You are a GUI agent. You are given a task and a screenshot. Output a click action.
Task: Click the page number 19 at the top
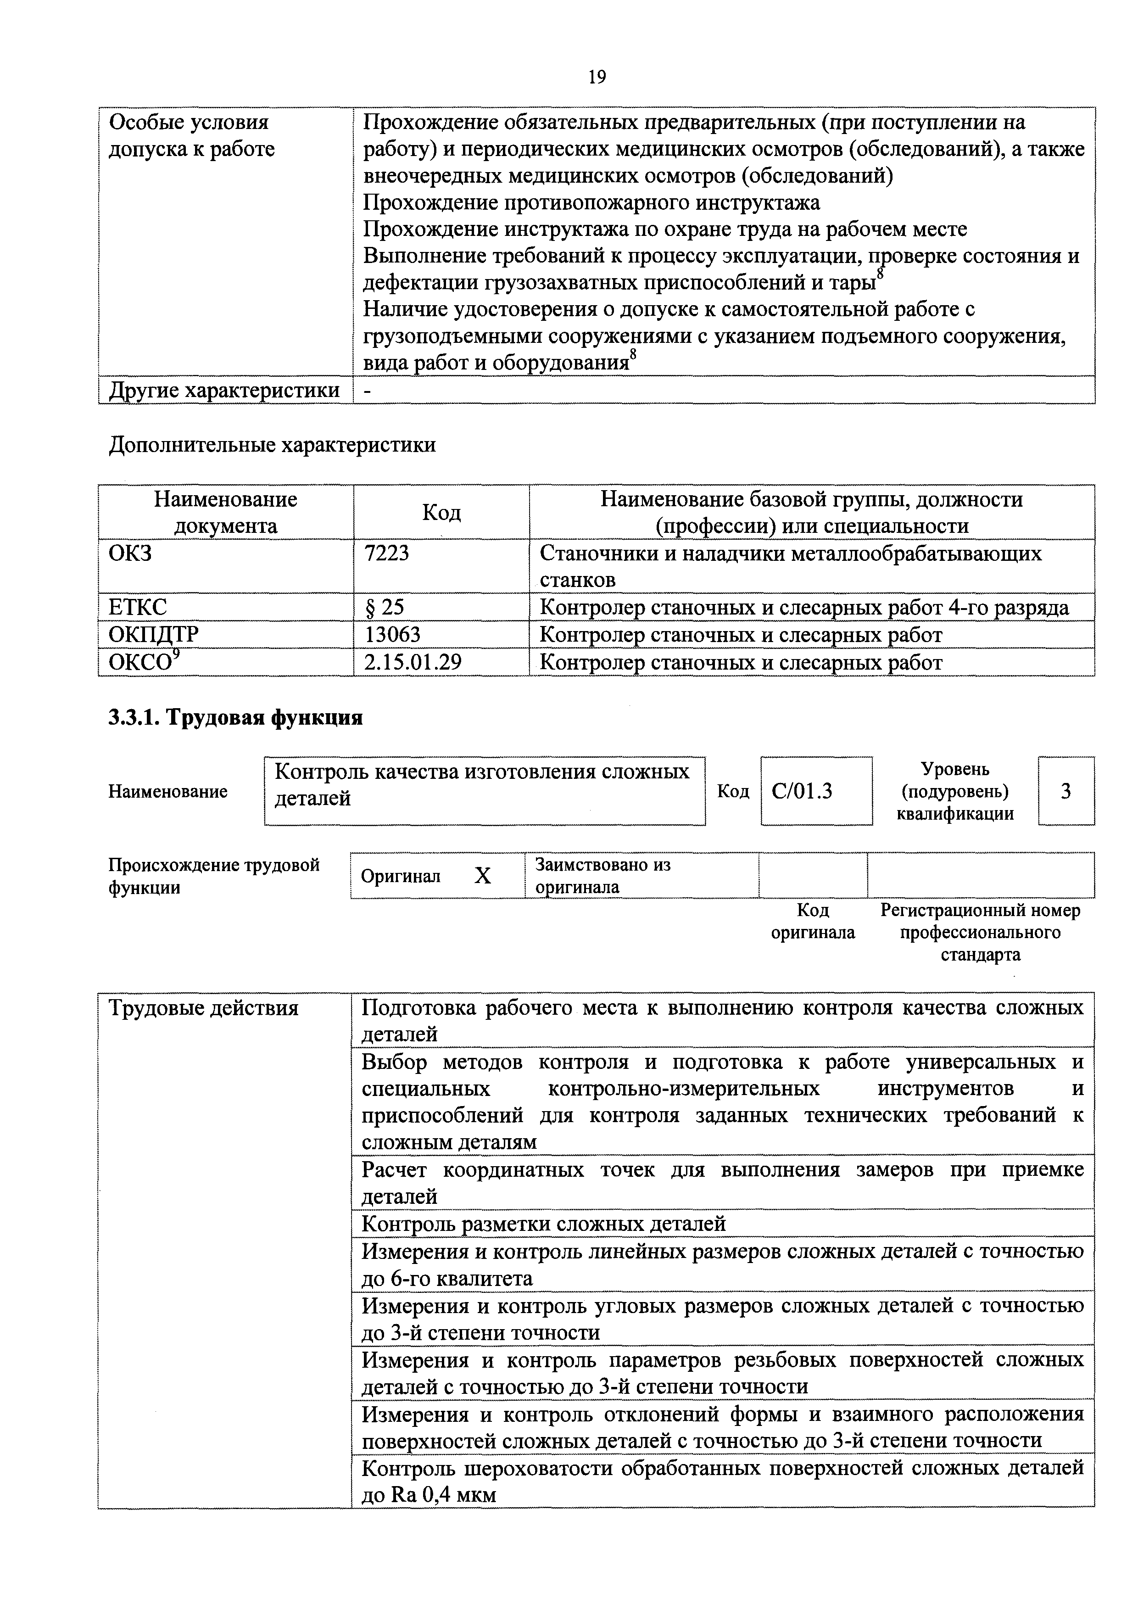tap(597, 77)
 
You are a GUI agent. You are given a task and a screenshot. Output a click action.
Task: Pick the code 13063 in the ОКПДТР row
tap(392, 634)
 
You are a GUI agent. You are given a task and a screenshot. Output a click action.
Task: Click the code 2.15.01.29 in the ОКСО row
tap(412, 662)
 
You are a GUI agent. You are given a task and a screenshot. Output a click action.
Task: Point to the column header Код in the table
tap(441, 513)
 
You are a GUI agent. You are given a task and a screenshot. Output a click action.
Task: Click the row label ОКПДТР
tap(154, 634)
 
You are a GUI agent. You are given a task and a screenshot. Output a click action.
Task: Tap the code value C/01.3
tap(802, 791)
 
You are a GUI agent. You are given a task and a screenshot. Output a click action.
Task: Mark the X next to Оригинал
tap(482, 876)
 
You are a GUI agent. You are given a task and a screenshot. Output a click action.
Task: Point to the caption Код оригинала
tap(813, 922)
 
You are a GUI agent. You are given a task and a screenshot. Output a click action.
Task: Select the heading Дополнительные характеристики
tap(272, 445)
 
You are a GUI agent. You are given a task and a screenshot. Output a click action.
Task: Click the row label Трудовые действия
tap(203, 1008)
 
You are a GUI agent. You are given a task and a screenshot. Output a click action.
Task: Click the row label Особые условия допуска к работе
tap(191, 135)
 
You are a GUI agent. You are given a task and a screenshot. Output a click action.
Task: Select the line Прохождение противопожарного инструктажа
tap(591, 203)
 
